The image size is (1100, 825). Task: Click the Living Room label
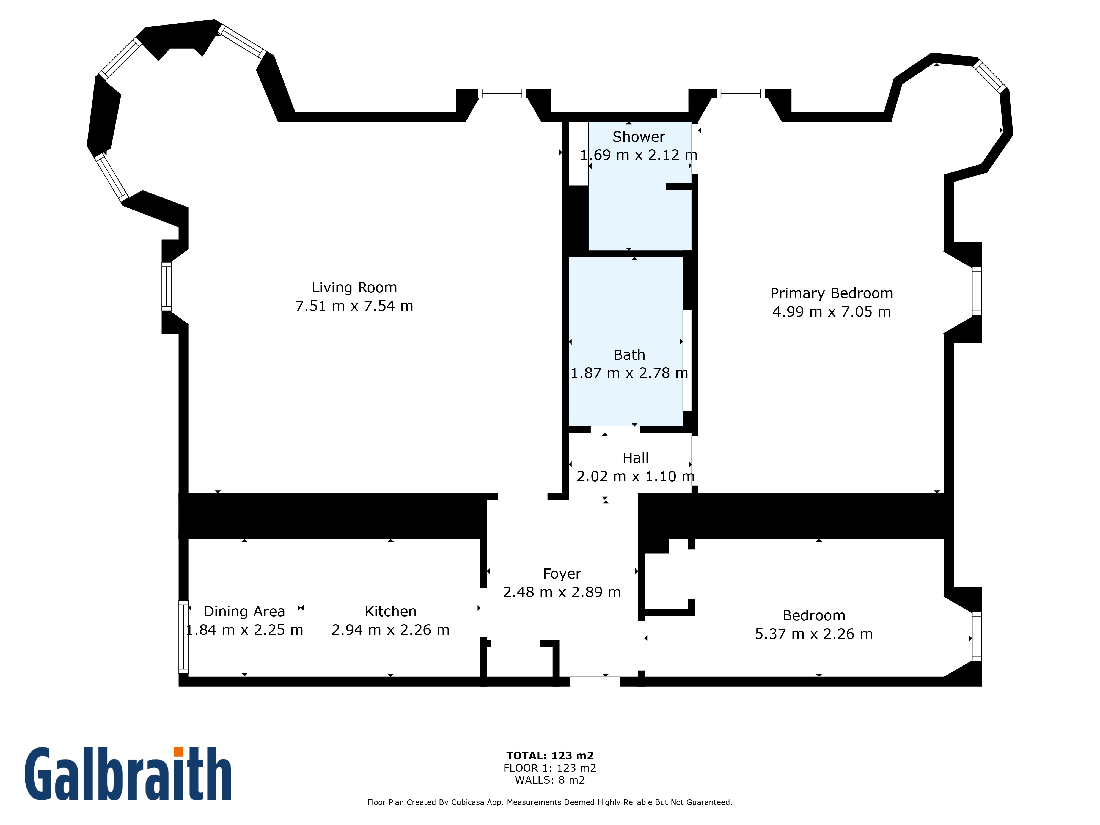coord(354,287)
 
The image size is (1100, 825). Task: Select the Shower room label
coord(639,137)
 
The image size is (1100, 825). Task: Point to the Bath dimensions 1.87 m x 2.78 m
coord(629,373)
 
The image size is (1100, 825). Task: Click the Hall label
coord(636,458)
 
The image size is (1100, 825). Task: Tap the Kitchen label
coord(391,611)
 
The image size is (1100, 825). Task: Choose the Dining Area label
coord(244,611)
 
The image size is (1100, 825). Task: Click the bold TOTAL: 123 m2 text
coord(550,756)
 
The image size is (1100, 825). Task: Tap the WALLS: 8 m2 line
coord(550,780)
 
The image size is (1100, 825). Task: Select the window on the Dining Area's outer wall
coord(183,637)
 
